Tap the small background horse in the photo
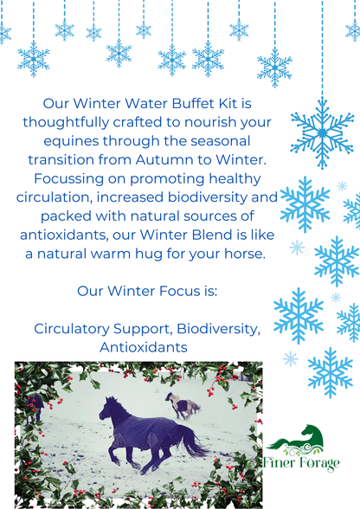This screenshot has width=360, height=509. [x=183, y=404]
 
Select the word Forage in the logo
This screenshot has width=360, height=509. [x=317, y=463]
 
